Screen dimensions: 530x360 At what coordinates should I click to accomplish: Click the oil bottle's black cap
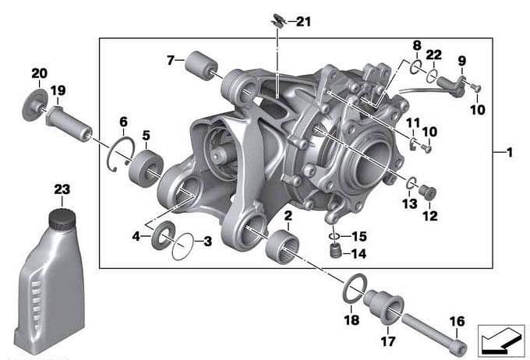point(62,219)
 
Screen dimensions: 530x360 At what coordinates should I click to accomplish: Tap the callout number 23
point(62,189)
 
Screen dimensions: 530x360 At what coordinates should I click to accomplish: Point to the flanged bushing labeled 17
point(383,306)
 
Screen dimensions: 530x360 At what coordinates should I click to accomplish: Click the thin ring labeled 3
point(183,247)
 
